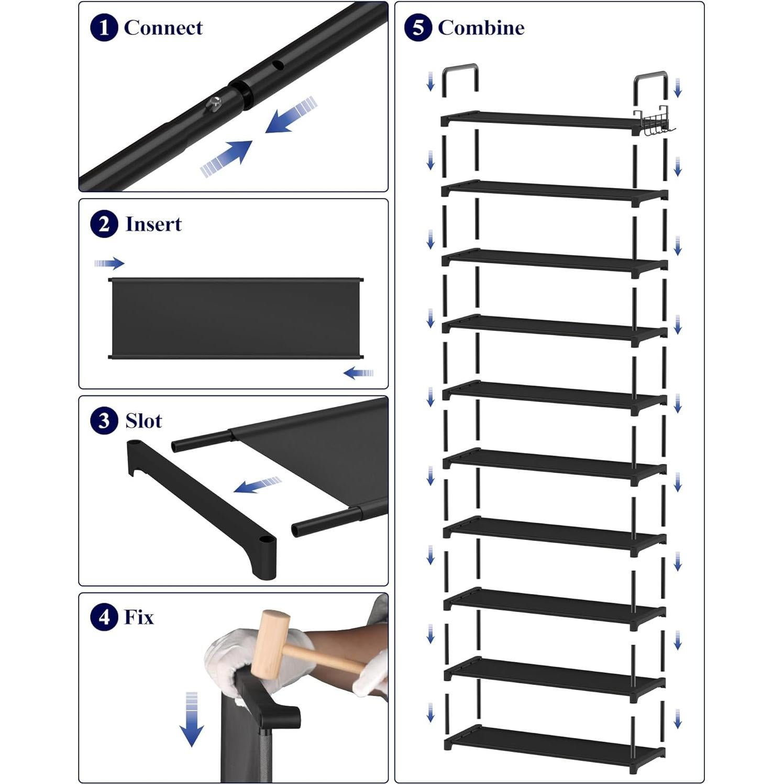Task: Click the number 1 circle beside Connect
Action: (x=103, y=28)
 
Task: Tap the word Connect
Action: (x=163, y=28)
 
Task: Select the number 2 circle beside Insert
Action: (x=104, y=225)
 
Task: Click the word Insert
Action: (x=153, y=225)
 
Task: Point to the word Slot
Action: (x=143, y=421)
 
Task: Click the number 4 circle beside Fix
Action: (x=104, y=617)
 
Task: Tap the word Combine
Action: (x=481, y=28)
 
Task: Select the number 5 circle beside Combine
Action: (x=417, y=28)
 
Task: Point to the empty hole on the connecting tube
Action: (x=278, y=65)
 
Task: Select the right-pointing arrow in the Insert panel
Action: (x=109, y=263)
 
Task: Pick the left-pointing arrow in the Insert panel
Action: (x=359, y=373)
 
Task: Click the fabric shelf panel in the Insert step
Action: (x=235, y=318)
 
